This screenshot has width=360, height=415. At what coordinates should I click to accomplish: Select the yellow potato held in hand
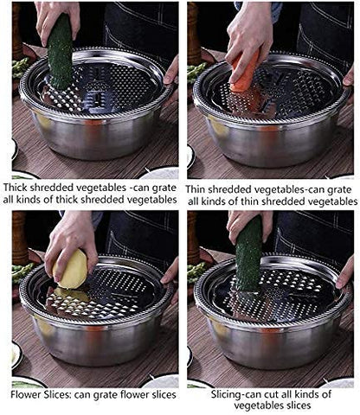73,271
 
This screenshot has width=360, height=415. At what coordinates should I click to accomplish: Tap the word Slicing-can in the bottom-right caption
217,394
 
